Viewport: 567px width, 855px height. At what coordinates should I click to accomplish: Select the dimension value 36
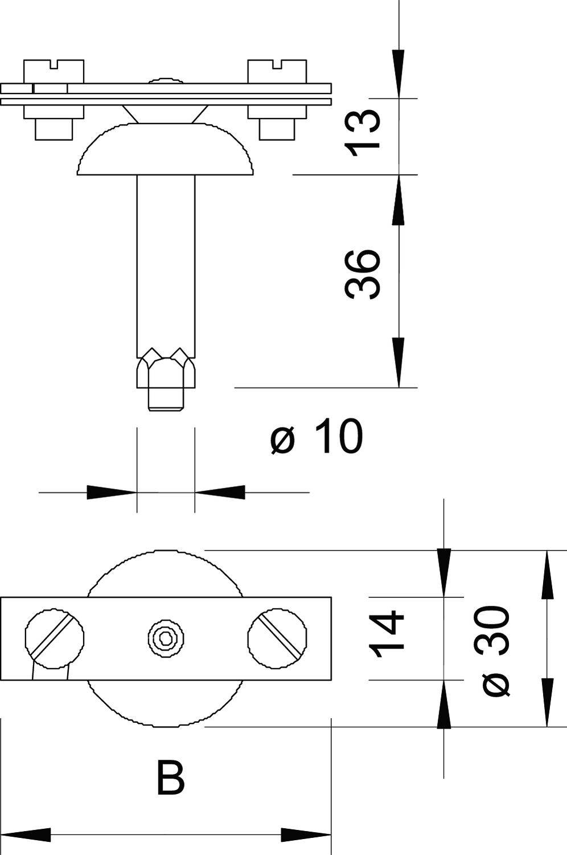pyautogui.click(x=362, y=274)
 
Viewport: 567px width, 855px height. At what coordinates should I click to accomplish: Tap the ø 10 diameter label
pyautogui.click(x=317, y=437)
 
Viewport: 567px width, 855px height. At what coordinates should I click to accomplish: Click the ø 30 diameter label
pyautogui.click(x=496, y=650)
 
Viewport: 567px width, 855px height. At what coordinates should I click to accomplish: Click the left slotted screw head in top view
pyautogui.click(x=55, y=638)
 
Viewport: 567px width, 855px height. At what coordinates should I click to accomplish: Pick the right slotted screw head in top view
pyautogui.click(x=278, y=638)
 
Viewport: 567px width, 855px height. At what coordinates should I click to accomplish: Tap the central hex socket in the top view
pyautogui.click(x=166, y=638)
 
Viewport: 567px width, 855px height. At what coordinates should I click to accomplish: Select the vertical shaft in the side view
pyautogui.click(x=166, y=262)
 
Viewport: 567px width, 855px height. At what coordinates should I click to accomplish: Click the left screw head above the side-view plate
pyautogui.click(x=54, y=71)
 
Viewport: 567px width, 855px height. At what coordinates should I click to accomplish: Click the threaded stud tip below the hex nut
pyautogui.click(x=167, y=400)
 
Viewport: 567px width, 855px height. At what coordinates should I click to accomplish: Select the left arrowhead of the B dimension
pyautogui.click(x=26, y=836)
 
